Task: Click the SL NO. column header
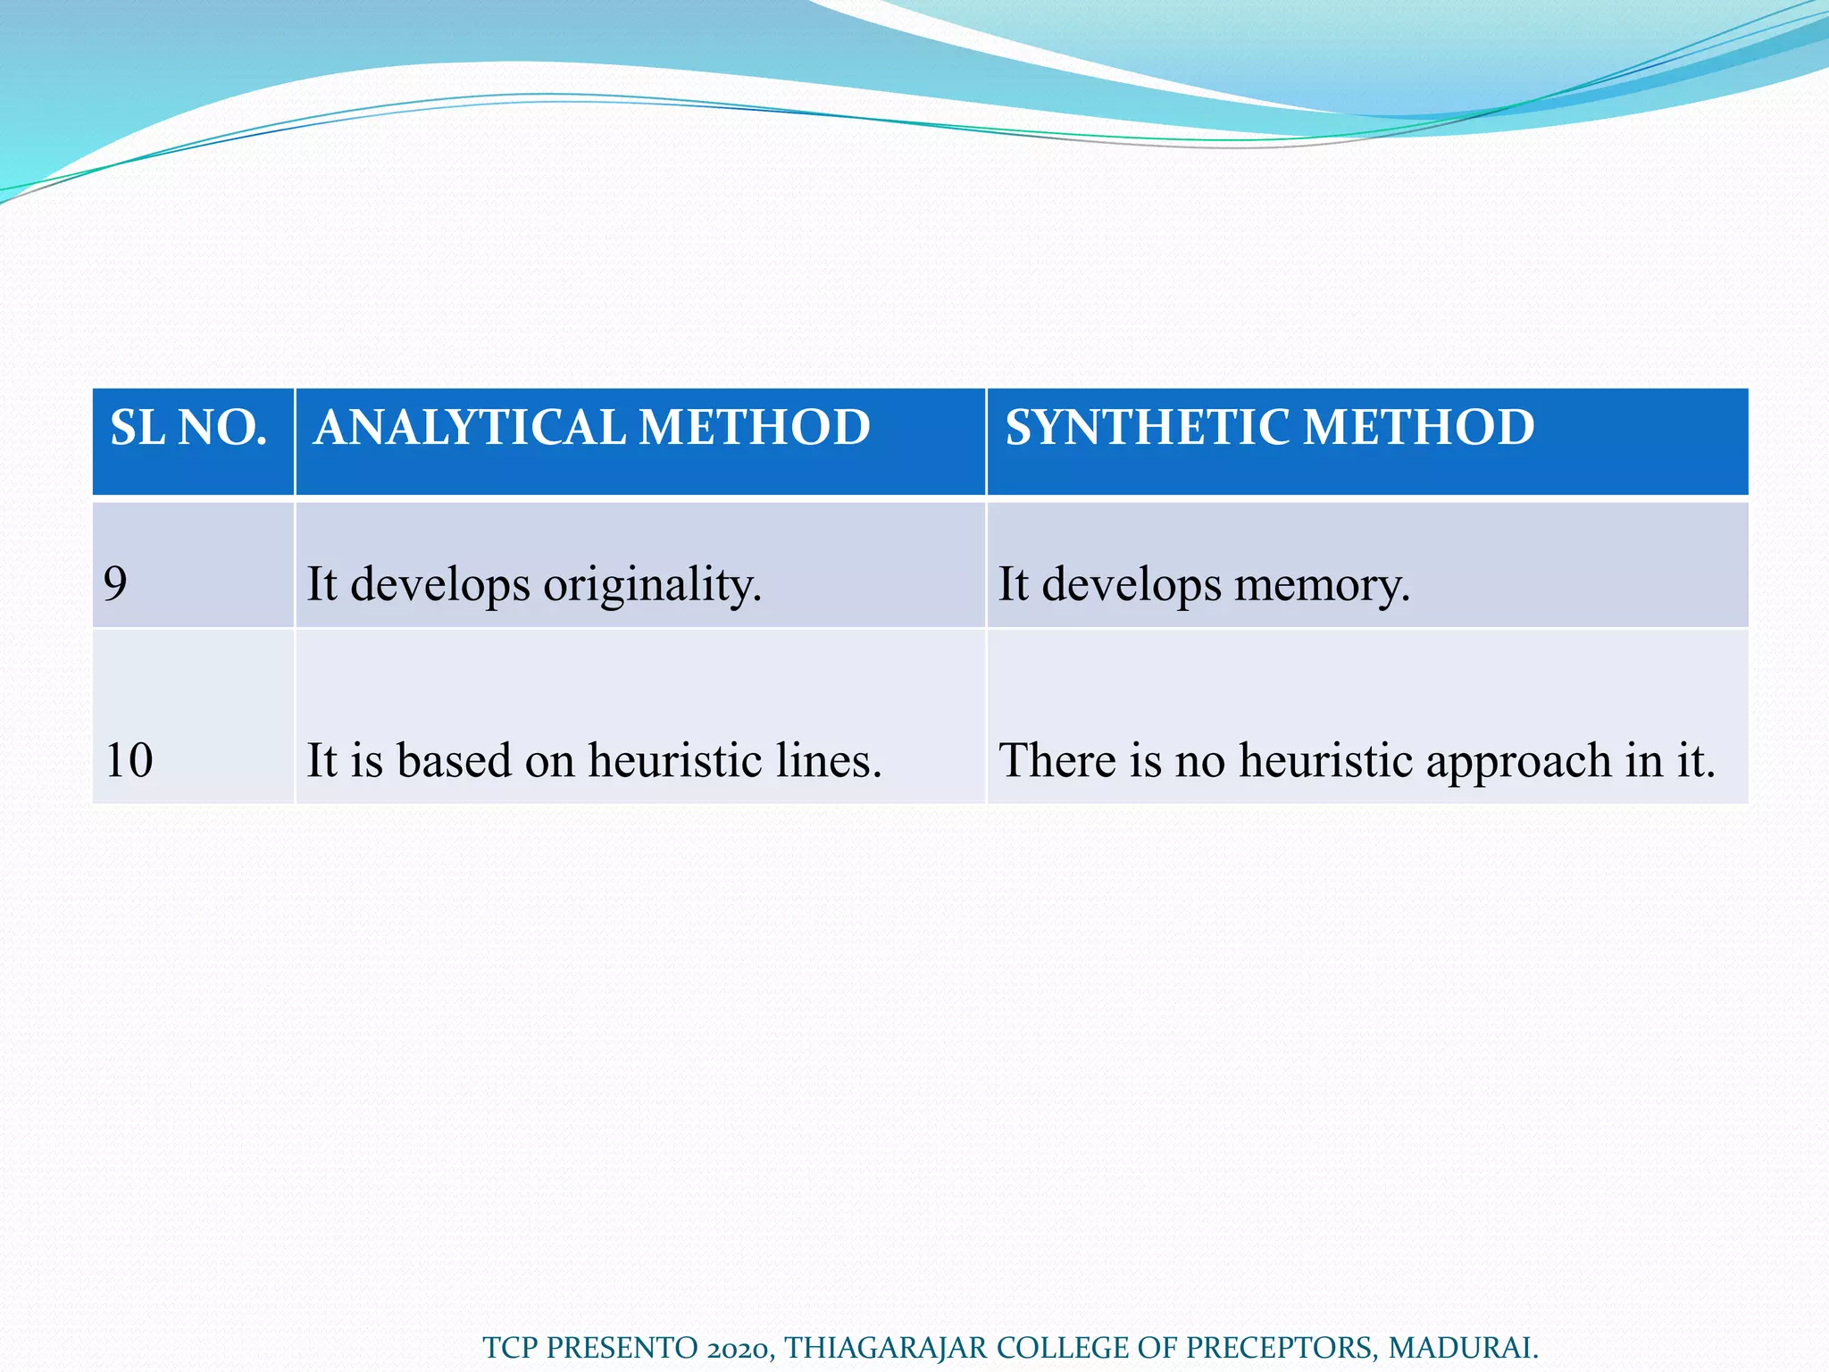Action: tap(188, 427)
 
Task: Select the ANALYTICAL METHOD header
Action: tap(592, 427)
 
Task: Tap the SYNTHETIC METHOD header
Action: tap(1270, 427)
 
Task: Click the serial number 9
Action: tap(115, 584)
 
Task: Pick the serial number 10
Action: tap(129, 761)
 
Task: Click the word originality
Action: tap(652, 586)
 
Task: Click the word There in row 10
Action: tap(1056, 761)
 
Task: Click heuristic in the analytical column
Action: tap(674, 761)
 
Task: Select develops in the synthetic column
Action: tap(1132, 586)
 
